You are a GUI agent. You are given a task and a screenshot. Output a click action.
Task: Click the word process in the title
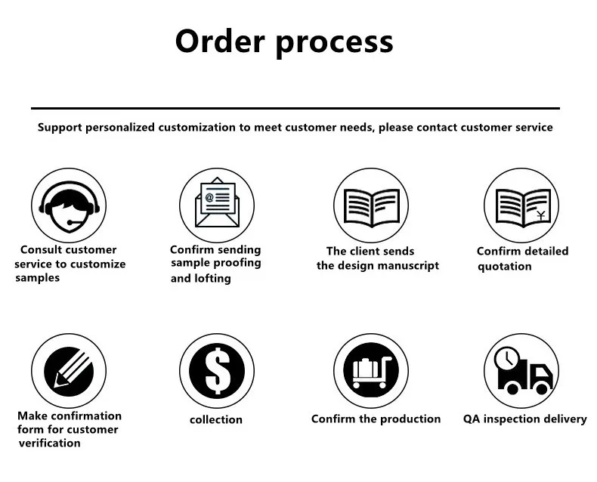[x=334, y=42]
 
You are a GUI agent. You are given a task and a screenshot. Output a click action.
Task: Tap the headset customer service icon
[x=68, y=205]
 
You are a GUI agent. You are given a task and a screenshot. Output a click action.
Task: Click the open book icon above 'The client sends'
[x=370, y=205]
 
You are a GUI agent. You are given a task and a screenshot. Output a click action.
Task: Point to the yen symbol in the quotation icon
[x=540, y=217]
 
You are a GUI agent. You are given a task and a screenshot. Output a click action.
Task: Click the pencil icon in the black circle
[x=68, y=371]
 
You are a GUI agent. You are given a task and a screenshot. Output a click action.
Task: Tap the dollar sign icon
[x=217, y=371]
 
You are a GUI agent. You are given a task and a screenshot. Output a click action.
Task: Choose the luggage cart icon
[x=370, y=371]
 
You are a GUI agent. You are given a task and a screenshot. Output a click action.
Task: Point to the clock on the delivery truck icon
[x=506, y=357]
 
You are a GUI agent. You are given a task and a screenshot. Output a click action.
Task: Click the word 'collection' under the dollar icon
[x=216, y=419]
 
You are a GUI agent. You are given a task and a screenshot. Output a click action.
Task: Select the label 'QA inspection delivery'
[x=524, y=419]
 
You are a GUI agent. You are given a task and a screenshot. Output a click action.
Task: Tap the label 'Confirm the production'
[x=376, y=419]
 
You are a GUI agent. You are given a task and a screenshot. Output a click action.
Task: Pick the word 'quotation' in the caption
[x=504, y=266]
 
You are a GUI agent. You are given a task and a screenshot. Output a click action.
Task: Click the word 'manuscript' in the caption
[x=408, y=265]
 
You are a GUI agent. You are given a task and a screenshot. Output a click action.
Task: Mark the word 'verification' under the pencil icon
[x=48, y=443]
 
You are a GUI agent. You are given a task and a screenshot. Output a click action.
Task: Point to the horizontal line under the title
[x=295, y=109]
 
